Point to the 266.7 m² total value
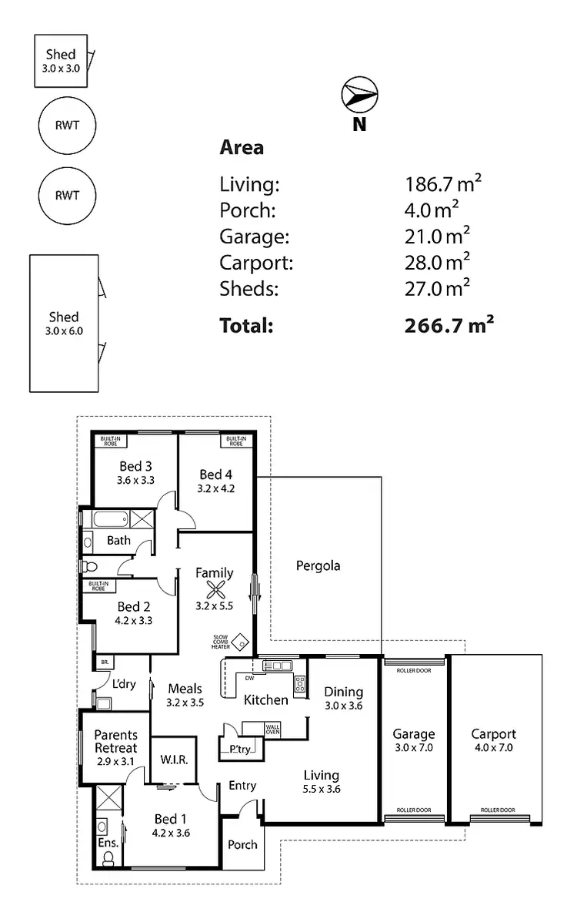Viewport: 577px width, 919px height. tap(449, 325)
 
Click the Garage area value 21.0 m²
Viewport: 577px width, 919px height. tap(437, 236)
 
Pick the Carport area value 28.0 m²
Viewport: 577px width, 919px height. tap(437, 262)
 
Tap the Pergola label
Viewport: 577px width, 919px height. tap(318, 566)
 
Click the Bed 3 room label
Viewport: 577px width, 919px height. tap(135, 466)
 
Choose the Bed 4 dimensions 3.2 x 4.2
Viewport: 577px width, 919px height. tap(215, 488)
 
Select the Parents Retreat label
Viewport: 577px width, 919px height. tap(115, 741)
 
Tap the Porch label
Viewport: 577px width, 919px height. tap(242, 844)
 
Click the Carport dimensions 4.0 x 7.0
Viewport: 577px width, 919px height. tap(493, 747)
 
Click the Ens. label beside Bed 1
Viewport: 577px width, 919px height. tap(108, 844)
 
